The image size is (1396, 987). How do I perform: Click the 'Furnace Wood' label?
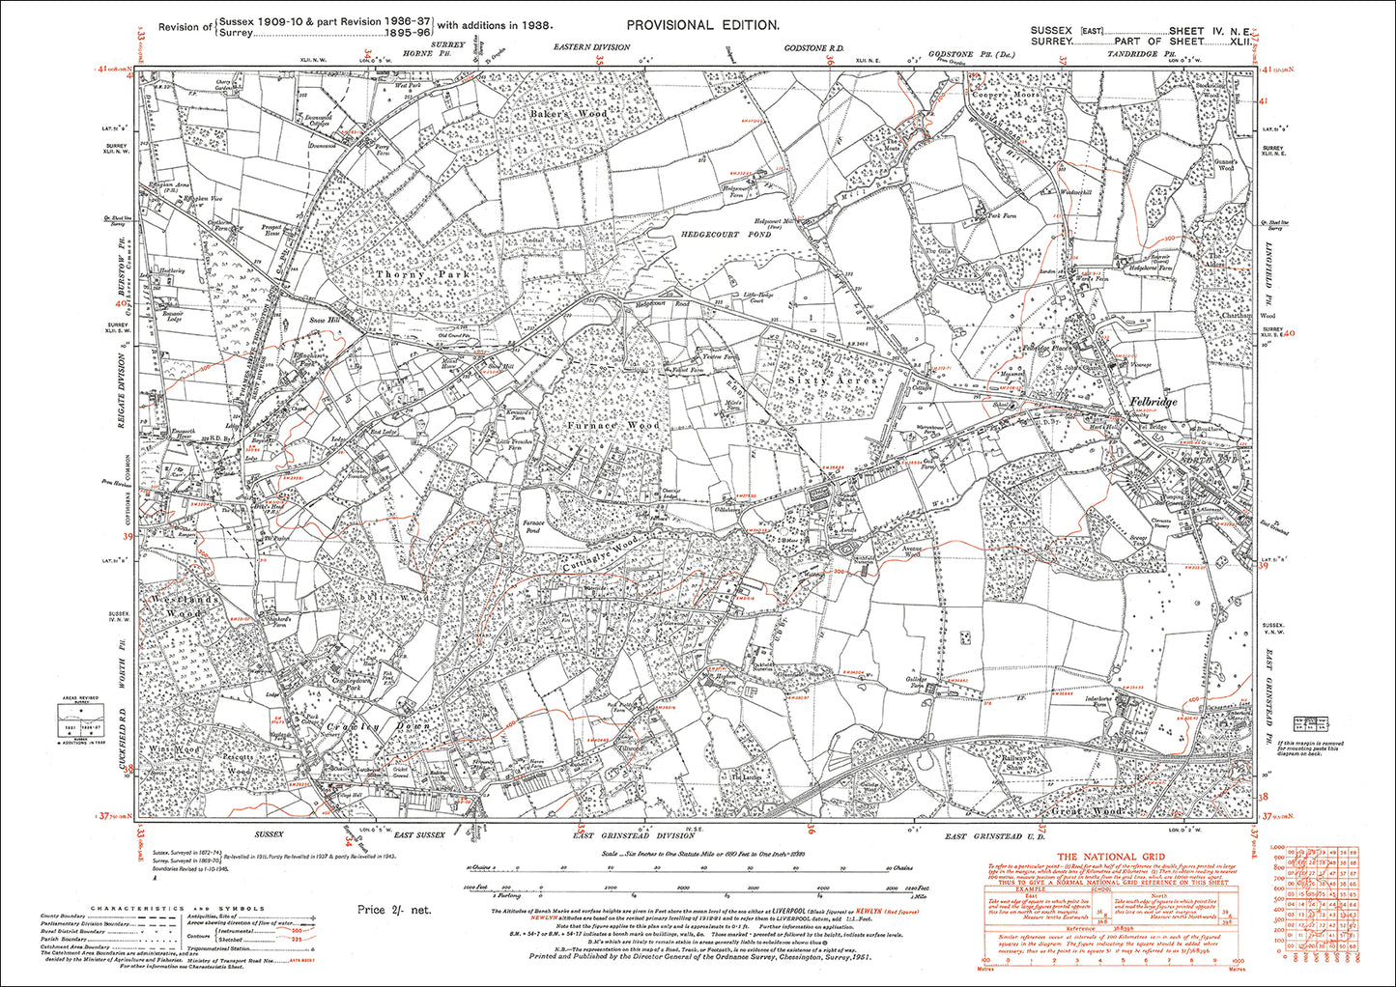tap(613, 425)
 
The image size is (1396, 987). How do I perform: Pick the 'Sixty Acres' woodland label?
tap(833, 381)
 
